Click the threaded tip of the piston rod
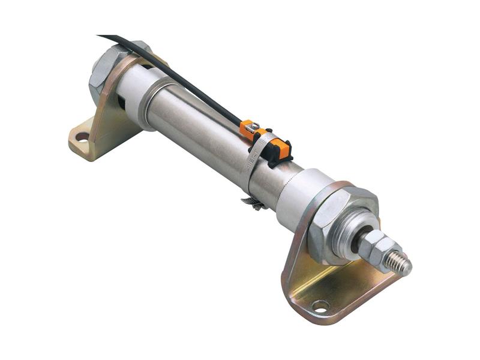[x=399, y=262]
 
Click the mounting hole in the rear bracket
[x=82, y=137]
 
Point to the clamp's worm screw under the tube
[x=253, y=205]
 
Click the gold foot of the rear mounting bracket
[x=90, y=141]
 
